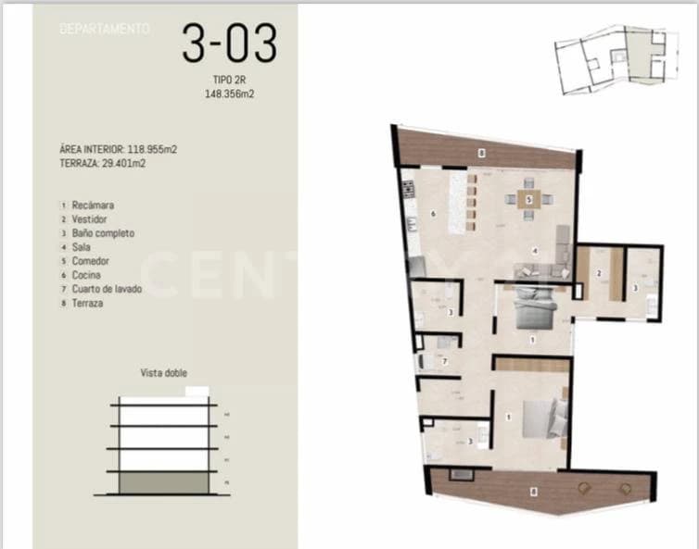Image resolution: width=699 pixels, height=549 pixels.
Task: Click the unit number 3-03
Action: click(228, 44)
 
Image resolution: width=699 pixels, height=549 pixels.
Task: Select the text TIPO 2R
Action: click(228, 81)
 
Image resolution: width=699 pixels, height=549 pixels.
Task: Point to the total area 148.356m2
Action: click(228, 94)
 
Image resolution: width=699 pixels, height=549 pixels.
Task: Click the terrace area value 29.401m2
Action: click(121, 162)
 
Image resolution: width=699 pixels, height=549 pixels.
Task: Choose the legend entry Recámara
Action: click(92, 205)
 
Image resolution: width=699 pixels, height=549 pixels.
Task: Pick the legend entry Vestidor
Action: click(89, 219)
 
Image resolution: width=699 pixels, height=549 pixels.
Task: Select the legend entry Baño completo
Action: click(103, 233)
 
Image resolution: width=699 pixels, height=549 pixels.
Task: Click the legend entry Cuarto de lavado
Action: click(106, 289)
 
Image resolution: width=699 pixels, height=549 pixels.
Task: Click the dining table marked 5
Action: click(528, 199)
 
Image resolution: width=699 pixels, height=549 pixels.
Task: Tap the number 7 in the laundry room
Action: click(445, 361)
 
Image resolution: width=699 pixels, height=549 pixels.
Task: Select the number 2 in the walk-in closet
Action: click(599, 273)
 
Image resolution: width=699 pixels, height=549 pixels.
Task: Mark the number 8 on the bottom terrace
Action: click(533, 492)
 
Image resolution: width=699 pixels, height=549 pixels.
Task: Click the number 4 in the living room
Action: click(534, 250)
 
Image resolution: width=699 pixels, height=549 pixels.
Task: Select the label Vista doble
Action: click(163, 372)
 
